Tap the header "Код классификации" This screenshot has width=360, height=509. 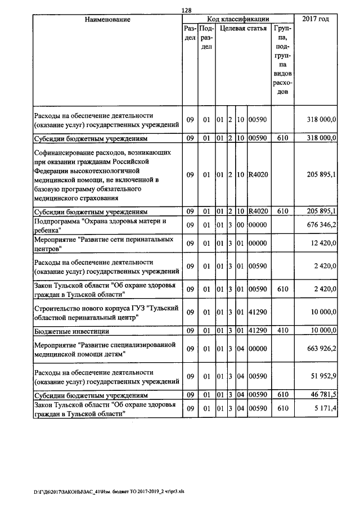238,20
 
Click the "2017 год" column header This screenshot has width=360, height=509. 316,20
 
